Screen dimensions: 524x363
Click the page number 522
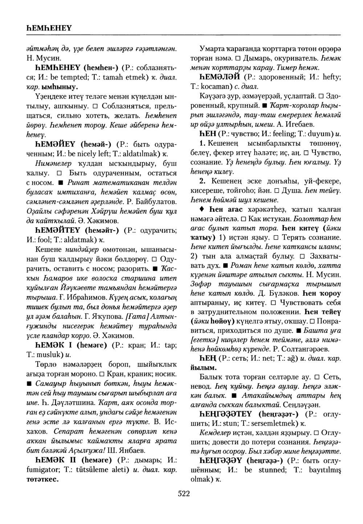coord(184,493)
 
